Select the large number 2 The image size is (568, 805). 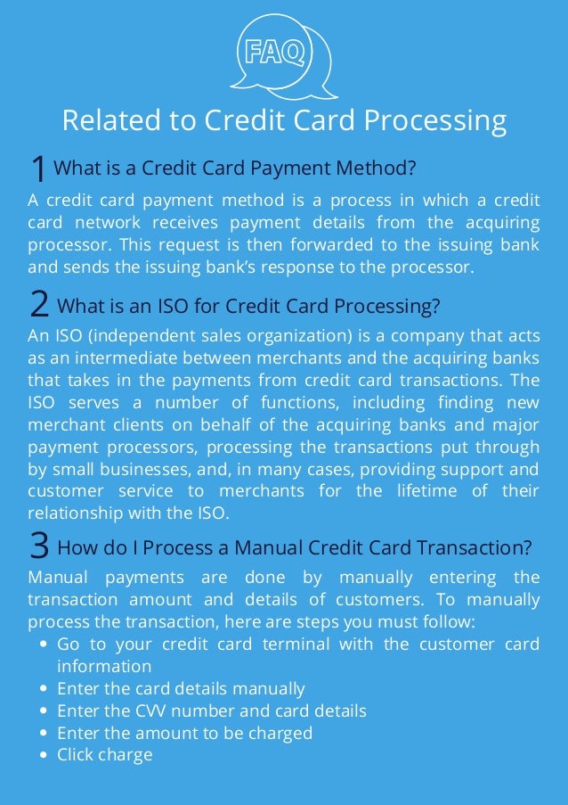39,307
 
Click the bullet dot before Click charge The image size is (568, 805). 44,756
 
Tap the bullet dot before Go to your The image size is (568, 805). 44,645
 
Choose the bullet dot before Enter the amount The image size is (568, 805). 44,734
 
